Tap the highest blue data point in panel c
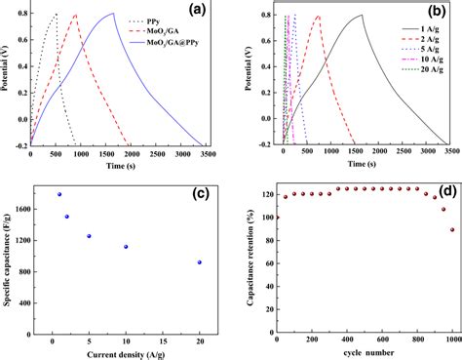(59, 194)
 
